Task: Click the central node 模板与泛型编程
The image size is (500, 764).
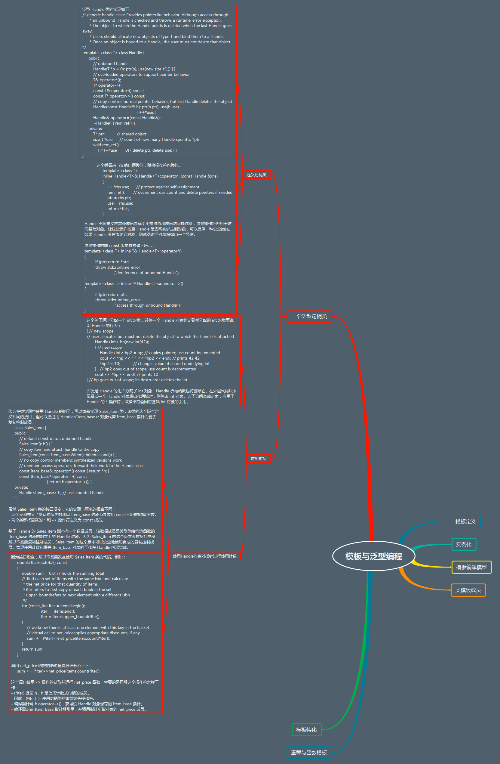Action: (x=374, y=556)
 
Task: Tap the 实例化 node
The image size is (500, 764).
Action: (x=463, y=544)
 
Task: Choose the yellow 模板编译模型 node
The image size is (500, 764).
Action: (x=471, y=567)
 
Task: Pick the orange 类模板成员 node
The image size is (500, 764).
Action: (x=468, y=590)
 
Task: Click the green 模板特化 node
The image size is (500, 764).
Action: (x=306, y=730)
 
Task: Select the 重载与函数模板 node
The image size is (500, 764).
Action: (x=308, y=753)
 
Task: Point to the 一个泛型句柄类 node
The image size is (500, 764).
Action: (x=308, y=316)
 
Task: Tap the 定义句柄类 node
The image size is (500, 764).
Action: (x=256, y=175)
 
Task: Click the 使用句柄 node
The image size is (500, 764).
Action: (x=259, y=458)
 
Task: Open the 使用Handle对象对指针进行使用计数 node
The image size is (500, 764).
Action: (x=205, y=556)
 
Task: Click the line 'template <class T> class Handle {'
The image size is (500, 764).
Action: (x=113, y=53)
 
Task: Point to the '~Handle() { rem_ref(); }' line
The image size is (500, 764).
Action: (x=114, y=123)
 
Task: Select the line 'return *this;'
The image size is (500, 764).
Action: (x=118, y=209)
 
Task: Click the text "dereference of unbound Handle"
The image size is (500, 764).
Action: (x=146, y=273)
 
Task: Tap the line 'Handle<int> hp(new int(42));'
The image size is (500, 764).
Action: (x=122, y=342)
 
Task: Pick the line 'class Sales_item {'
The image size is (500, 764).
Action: (x=30, y=428)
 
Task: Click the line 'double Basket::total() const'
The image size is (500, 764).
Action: (x=42, y=562)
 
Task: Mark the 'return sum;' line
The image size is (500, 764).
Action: (x=32, y=649)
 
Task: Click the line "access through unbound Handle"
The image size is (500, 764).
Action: (x=147, y=305)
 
